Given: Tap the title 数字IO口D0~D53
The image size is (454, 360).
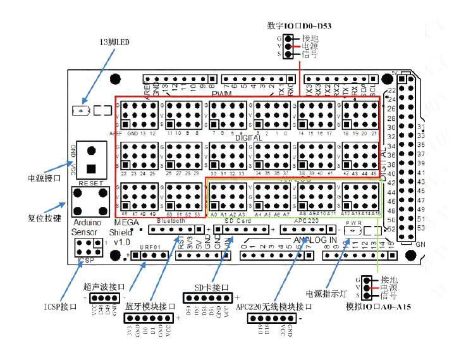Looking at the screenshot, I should [x=300, y=26].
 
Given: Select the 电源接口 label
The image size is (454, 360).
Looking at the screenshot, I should [x=44, y=178].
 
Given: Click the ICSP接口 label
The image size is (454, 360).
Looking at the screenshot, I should [x=61, y=306].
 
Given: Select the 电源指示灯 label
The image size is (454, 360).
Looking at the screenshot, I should [x=327, y=294].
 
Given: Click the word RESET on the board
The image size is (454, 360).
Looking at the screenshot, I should [x=90, y=182].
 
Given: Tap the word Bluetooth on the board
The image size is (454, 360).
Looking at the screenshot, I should [x=171, y=221].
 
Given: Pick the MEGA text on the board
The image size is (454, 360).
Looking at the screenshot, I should [x=122, y=222].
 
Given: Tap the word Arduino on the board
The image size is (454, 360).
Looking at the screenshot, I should [x=87, y=222].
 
